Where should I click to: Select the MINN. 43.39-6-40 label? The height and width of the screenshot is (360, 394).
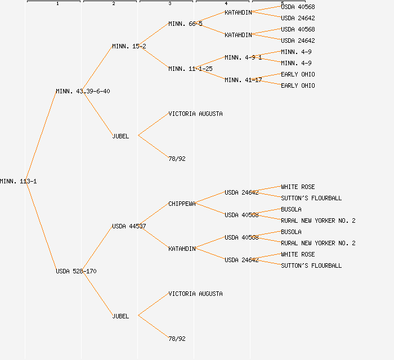point(83,91)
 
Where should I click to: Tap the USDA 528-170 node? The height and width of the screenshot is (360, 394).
point(76,271)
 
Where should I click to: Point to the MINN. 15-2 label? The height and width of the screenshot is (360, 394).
point(129,46)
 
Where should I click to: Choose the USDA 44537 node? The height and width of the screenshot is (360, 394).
point(129,226)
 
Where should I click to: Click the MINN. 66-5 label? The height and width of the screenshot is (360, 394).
point(185,24)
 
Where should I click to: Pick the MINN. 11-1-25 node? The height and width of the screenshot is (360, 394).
point(190,69)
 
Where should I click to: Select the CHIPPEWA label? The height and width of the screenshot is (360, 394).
point(182,204)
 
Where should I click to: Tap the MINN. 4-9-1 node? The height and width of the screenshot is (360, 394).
point(243,57)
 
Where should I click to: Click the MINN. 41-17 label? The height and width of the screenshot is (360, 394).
point(243,80)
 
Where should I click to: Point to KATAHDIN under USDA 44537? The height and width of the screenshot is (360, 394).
point(182,249)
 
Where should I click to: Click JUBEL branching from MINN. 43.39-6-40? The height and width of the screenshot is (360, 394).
point(120,136)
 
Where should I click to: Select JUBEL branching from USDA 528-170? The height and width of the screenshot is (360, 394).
point(120,316)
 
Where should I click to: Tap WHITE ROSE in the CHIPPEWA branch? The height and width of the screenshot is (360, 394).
point(298,187)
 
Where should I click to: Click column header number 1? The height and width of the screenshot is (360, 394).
point(57,3)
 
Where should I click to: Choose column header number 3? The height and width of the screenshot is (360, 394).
point(169,3)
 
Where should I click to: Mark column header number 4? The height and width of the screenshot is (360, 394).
point(226,3)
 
